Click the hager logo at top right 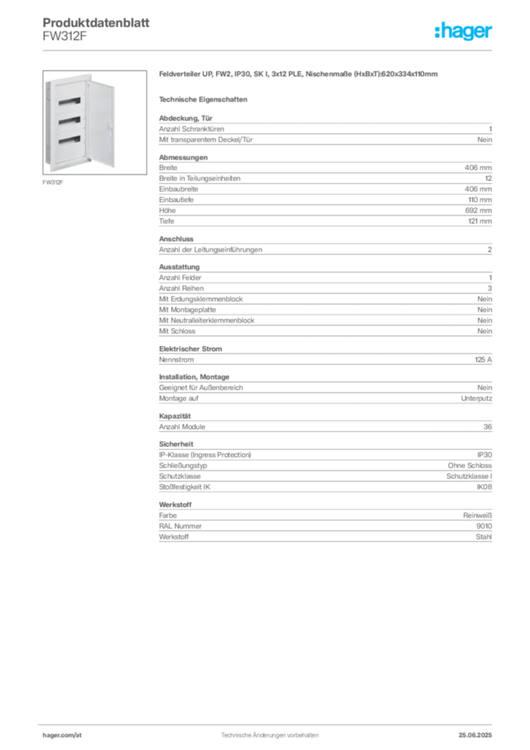(x=463, y=31)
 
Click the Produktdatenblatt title (x=96, y=23)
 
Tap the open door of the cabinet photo (x=101, y=124)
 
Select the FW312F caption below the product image (x=53, y=182)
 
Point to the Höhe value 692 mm (x=478, y=210)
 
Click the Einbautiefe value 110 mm (x=479, y=200)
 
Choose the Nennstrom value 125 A (x=483, y=360)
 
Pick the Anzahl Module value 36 (x=488, y=427)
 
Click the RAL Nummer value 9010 (x=484, y=526)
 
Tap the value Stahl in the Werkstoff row (x=484, y=537)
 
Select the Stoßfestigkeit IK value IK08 (x=484, y=487)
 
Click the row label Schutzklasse (x=179, y=476)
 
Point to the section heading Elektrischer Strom (x=190, y=349)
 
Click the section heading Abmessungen (x=183, y=157)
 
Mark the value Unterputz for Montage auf (x=477, y=398)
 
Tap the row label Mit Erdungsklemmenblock (x=201, y=299)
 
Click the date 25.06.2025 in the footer (x=475, y=735)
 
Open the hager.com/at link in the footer (x=62, y=735)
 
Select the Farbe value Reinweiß (x=477, y=516)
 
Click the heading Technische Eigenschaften (x=203, y=100)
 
